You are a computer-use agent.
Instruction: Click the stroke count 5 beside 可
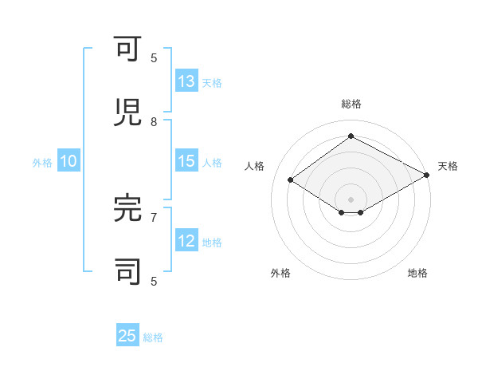154,58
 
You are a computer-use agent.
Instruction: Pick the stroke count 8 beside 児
154,121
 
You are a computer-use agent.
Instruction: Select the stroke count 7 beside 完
154,216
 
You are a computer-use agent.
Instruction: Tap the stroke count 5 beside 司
154,281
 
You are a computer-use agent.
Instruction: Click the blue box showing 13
186,81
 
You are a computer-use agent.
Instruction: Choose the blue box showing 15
186,161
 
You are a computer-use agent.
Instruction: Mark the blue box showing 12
186,241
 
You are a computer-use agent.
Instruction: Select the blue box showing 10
69,161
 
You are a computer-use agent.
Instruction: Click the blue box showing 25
127,336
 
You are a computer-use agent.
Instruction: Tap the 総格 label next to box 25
154,337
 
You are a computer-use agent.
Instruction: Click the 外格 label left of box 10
42,163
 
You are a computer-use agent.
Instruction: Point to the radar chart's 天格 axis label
448,166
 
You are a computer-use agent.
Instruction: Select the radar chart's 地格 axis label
417,273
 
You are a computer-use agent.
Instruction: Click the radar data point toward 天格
427,176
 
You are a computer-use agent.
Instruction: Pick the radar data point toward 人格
291,180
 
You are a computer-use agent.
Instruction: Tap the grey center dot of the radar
351,199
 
